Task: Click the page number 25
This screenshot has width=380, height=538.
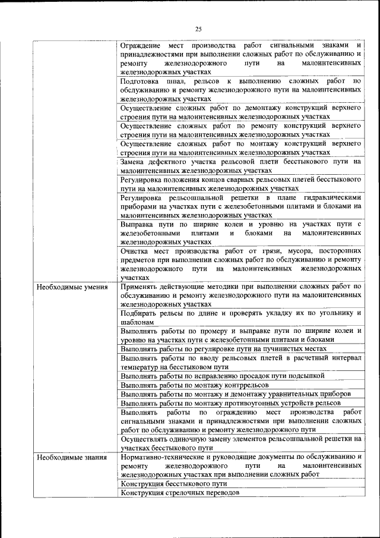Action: pos(198,29)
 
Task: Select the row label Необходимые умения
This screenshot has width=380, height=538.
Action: pos(72,287)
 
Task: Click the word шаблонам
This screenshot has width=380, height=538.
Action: pos(138,322)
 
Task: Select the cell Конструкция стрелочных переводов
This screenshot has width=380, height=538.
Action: pos(180,493)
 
